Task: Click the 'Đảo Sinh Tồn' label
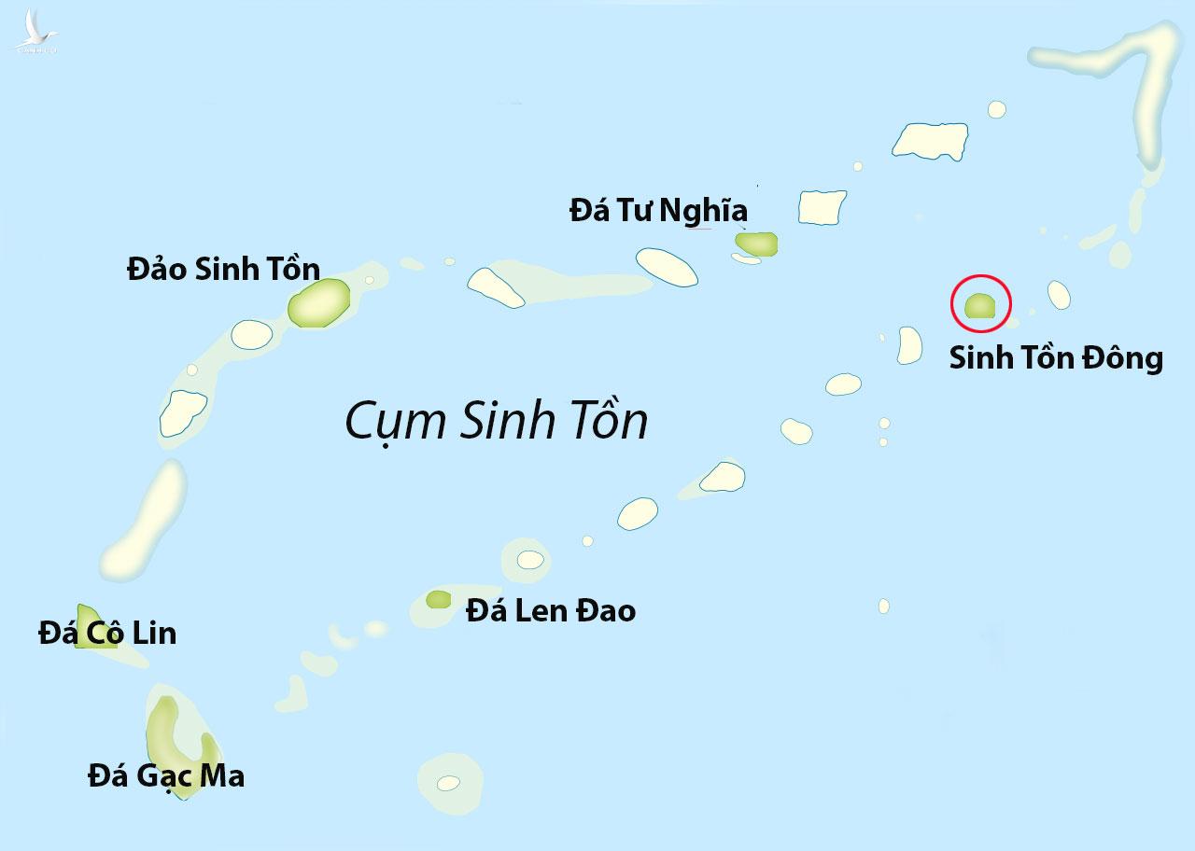click(x=223, y=270)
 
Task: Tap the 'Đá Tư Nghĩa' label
click(x=658, y=211)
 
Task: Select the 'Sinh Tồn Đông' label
click(x=1056, y=358)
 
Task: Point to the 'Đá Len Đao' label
click(x=551, y=611)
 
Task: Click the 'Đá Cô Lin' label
click(x=107, y=634)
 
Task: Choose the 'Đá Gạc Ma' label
click(x=166, y=775)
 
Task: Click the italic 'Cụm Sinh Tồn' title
click(x=496, y=421)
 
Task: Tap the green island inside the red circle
click(x=980, y=306)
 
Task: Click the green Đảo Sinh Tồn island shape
click(x=319, y=302)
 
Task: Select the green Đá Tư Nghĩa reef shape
click(x=756, y=244)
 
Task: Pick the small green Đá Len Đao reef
click(x=438, y=599)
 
